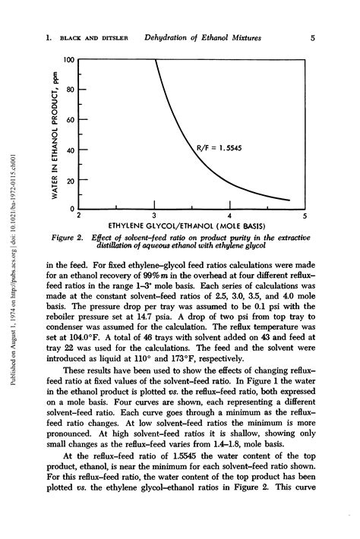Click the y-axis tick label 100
click(x=67, y=59)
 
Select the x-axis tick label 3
click(x=154, y=216)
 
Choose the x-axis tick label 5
click(x=305, y=216)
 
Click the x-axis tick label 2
click(x=79, y=216)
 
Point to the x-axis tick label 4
click(x=229, y=216)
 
